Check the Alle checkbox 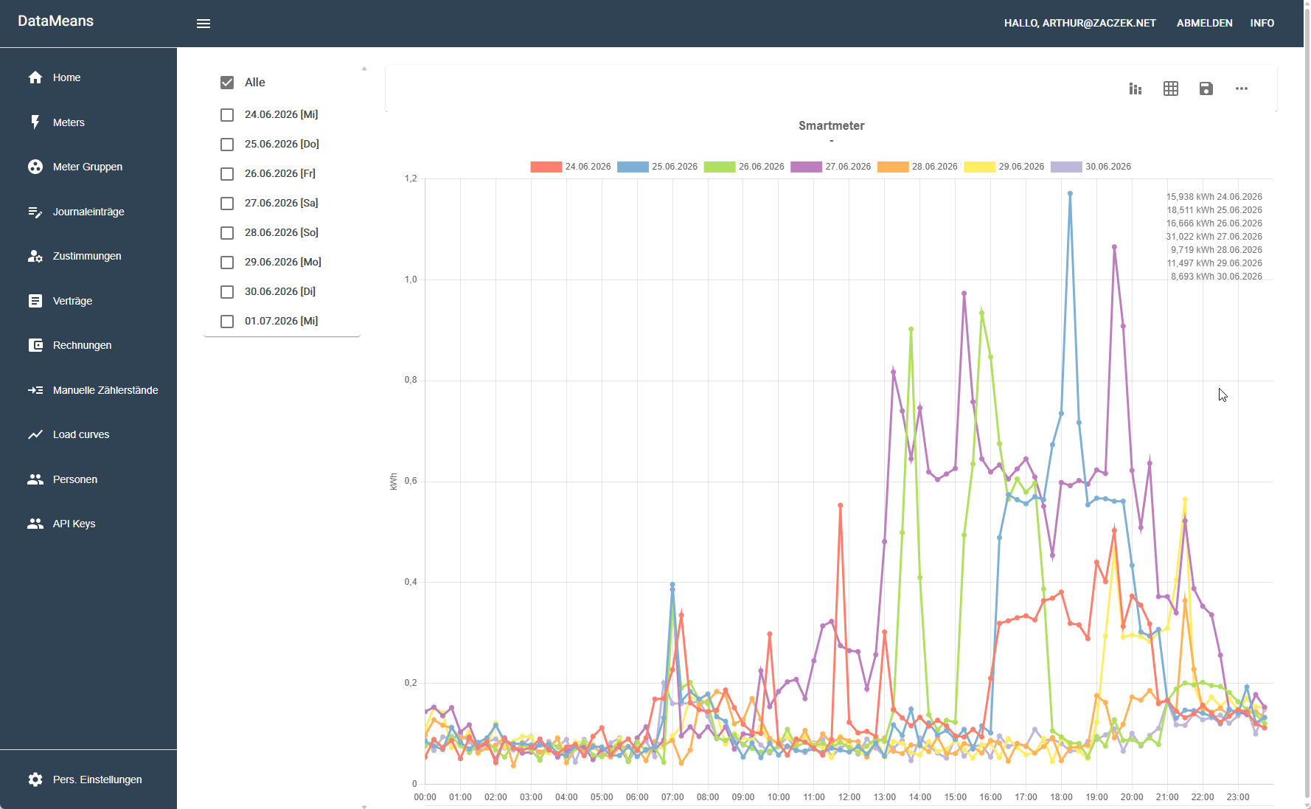coord(227,83)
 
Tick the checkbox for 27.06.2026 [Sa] coord(227,204)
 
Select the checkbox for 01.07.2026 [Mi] coord(227,322)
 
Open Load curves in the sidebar coord(81,434)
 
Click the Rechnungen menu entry coord(82,345)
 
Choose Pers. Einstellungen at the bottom coord(97,780)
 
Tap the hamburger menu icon coord(204,24)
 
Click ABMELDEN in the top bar coord(1204,23)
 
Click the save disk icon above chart coord(1206,88)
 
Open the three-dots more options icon coord(1242,88)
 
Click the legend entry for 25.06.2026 coord(658,167)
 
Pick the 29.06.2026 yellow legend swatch coord(980,167)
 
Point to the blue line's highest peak coord(1070,193)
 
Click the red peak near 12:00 coord(841,505)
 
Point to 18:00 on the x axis coord(1061,797)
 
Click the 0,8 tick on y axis coord(411,381)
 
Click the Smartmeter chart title coord(832,126)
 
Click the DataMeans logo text coord(56,21)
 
